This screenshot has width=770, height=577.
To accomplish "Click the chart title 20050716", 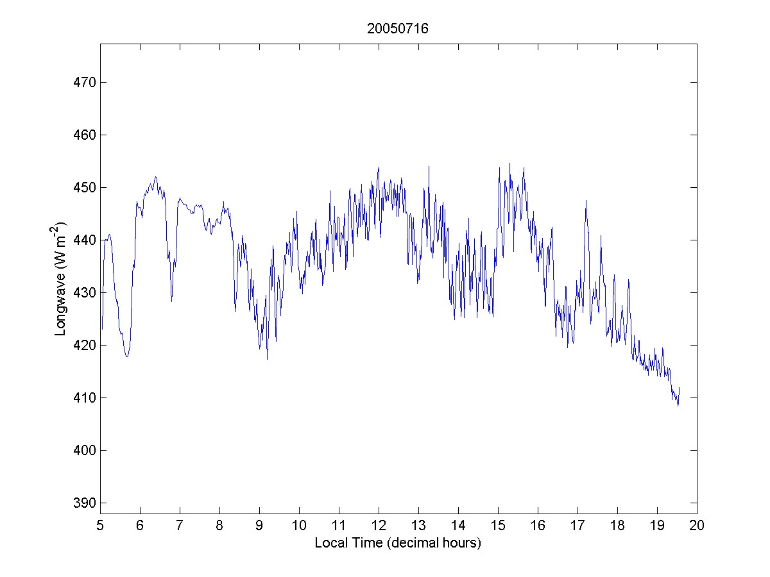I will pos(398,29).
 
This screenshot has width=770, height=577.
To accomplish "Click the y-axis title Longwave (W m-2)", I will pos(61,279).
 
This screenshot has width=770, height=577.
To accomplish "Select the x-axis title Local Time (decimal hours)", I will pos(398,543).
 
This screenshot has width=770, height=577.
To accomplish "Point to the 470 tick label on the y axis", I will pos(84,83).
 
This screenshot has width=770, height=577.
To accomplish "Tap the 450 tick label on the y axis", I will pos(84,188).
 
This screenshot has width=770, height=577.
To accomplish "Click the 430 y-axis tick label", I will pos(84,293).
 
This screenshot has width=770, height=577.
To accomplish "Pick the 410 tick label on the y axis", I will pos(84,398).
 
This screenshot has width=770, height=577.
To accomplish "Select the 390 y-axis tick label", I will pos(84,503).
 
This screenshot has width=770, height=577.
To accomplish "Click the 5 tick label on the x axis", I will pos(100,526).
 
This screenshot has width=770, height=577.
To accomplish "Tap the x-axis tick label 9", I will pos(259,526).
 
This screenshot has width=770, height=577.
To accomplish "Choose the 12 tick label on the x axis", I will pos(379,526).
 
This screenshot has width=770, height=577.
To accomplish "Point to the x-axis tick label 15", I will pos(498,526).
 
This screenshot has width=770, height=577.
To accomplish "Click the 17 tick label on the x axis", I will pos(577,526).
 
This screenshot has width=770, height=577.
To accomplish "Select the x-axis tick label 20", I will pos(697,526).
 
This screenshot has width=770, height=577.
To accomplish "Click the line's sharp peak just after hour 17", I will pos(586,201).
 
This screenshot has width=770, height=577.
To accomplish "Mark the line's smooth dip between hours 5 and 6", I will pos(127,356).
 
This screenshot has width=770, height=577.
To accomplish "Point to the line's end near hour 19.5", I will pos(679,388).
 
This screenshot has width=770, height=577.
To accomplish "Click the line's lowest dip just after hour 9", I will pos(267,359).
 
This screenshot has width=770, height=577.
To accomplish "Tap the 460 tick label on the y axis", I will pos(84,135).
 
